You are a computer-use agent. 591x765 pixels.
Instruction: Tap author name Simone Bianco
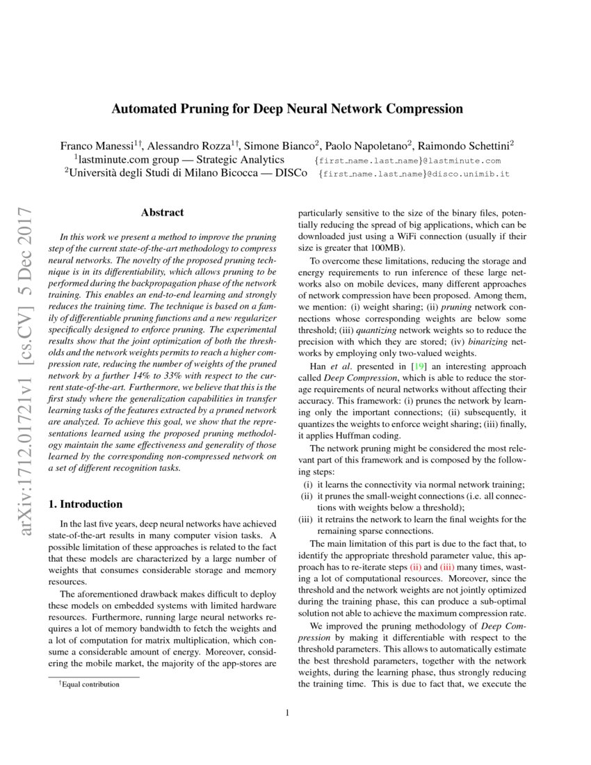[282, 145]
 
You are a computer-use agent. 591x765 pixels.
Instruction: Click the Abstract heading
[162, 213]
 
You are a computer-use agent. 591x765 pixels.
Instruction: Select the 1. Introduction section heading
[88, 504]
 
